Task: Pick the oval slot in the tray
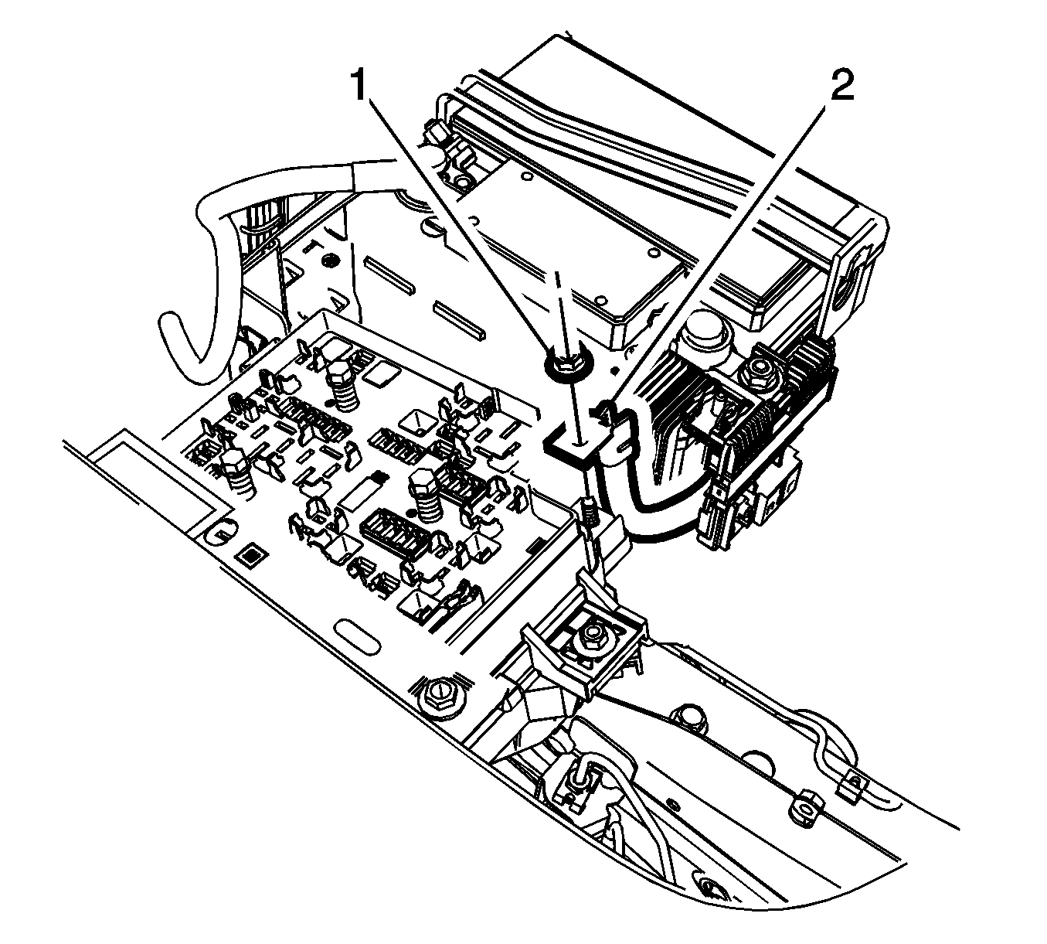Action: tap(358, 636)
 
